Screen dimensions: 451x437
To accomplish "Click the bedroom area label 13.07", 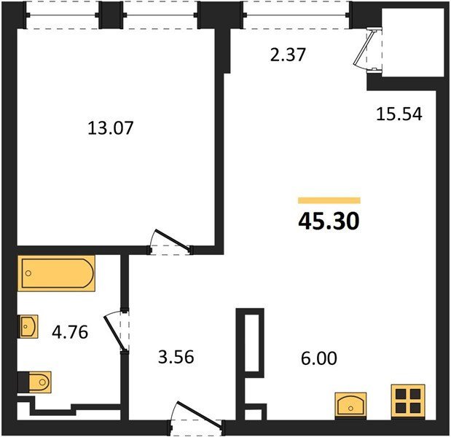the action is [x=111, y=128].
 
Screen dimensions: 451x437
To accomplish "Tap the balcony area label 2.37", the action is [x=288, y=55].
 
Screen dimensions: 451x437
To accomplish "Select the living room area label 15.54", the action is [x=399, y=114].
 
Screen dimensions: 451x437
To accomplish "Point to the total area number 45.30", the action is [x=329, y=221].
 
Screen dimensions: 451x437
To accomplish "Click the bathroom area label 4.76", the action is [x=70, y=332].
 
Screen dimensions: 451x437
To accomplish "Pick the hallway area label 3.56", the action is [x=176, y=357].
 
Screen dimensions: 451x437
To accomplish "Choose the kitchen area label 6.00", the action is [x=318, y=358].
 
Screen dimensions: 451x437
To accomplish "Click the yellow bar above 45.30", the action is [x=329, y=200].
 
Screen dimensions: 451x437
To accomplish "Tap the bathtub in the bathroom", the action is [x=56, y=273].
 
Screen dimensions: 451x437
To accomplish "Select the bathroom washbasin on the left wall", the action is [x=28, y=326].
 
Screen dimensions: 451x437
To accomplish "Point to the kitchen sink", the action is [x=350, y=405].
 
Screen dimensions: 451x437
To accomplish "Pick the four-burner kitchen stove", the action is [x=408, y=401].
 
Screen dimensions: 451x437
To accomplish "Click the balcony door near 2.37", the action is [x=368, y=49].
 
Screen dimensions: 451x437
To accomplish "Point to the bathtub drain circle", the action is [x=28, y=273].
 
